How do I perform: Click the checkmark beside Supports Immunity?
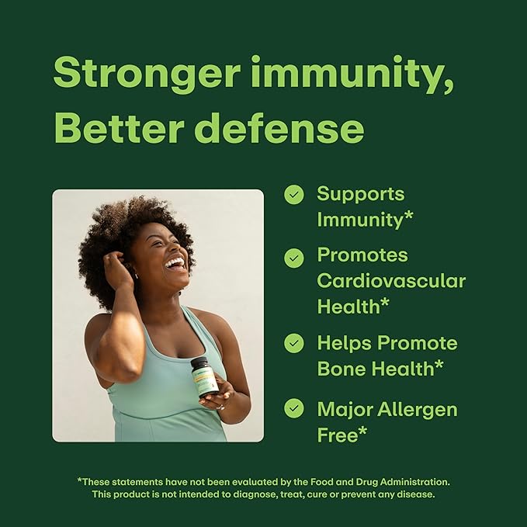pos(293,195)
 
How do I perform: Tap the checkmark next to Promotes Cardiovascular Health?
pos(293,258)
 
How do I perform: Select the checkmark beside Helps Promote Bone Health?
pos(293,344)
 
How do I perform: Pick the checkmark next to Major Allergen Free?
pos(293,408)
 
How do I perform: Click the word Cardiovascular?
pos(391,280)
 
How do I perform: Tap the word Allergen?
pos(417,409)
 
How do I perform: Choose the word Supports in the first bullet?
pos(361,194)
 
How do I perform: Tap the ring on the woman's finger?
pos(220,405)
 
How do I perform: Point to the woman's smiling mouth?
pos(175,263)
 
